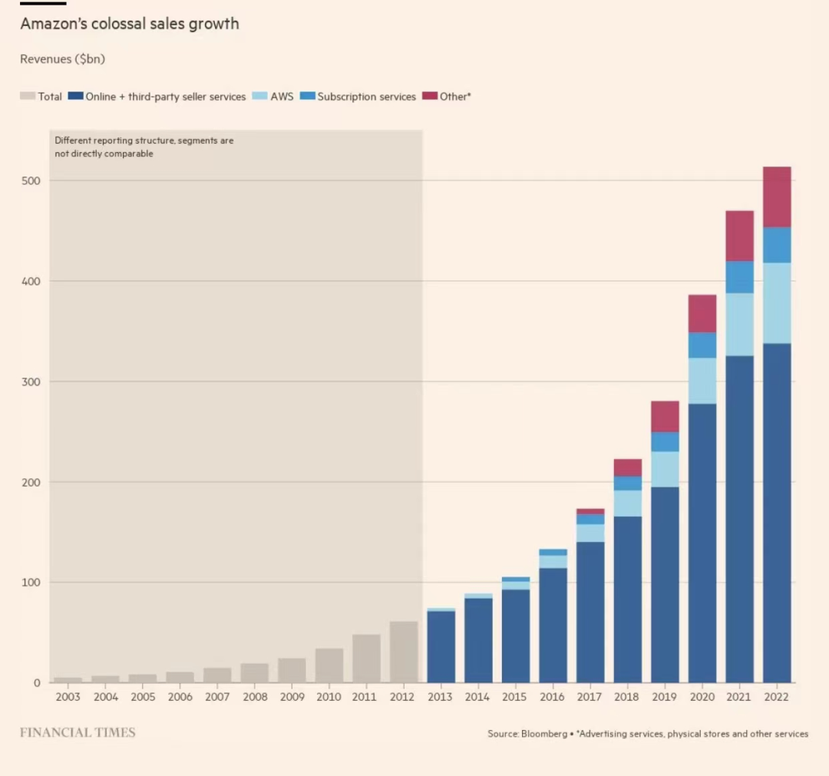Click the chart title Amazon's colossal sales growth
[129, 24]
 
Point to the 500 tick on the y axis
[30, 180]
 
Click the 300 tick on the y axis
[30, 381]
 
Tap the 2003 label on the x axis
[68, 697]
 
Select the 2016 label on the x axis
[553, 697]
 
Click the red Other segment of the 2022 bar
[777, 196]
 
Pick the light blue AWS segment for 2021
[739, 324]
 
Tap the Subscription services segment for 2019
[665, 441]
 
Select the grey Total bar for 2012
[404, 652]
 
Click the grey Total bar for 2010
[329, 665]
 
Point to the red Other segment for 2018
[628, 467]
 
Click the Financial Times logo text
[78, 732]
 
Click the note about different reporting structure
[144, 147]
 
